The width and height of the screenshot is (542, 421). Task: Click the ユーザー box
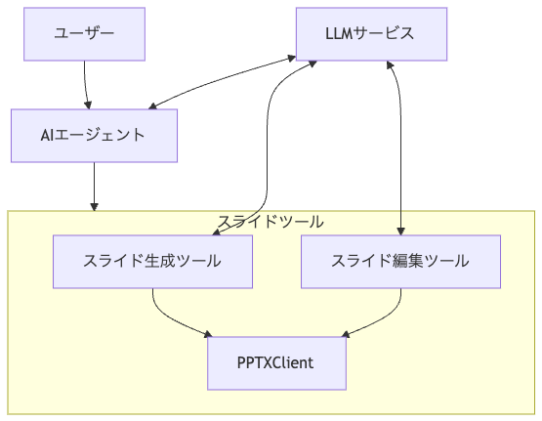84,34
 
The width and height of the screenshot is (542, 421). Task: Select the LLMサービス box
371,34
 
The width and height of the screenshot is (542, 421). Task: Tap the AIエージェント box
94,136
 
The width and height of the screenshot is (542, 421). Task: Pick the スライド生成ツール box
152,262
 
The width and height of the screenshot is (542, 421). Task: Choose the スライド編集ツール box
400,262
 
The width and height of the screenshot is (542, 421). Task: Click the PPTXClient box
276,363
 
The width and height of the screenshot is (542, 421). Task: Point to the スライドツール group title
271,222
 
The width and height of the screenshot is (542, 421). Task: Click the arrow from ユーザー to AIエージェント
85,85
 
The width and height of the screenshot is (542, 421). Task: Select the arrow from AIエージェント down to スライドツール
94,187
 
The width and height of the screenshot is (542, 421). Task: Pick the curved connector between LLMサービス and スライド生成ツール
267,148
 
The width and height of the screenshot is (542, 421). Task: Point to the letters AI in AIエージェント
47,135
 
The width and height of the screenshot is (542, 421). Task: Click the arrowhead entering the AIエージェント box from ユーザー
88,105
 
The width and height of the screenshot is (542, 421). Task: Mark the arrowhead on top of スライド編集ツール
400,232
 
